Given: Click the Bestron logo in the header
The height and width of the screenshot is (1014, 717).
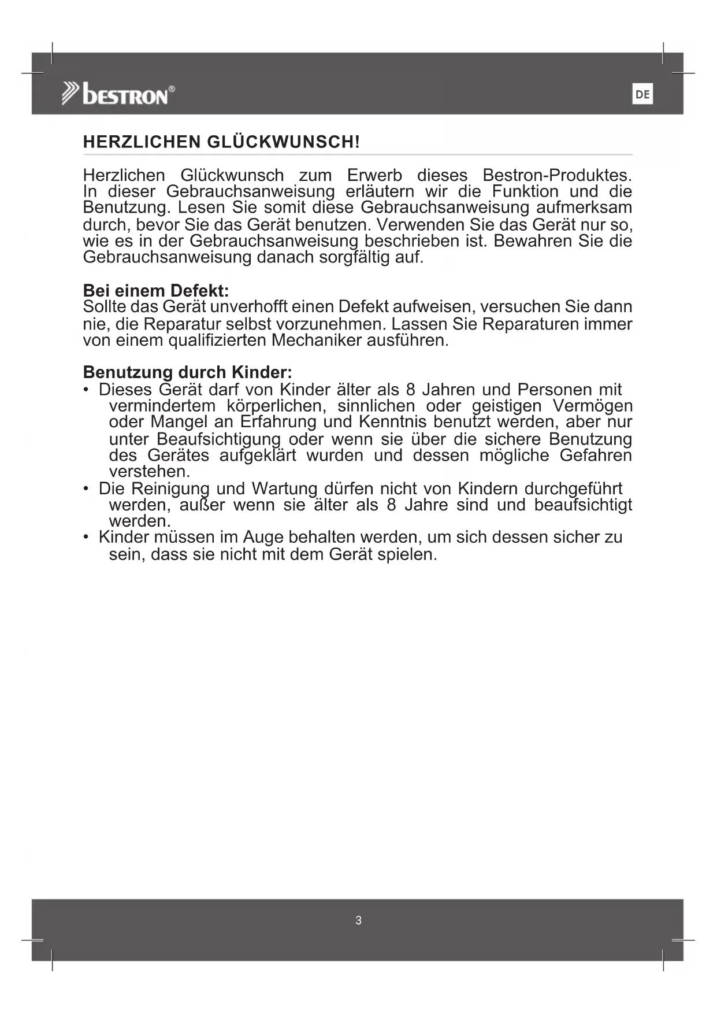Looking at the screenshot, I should [119, 94].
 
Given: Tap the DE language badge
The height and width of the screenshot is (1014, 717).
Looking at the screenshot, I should [642, 94].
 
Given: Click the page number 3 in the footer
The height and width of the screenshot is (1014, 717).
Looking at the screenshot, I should [358, 920].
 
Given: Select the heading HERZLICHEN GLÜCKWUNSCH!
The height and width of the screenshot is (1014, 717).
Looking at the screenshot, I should [221, 142].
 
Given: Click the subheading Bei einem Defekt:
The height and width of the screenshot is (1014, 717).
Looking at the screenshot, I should [156, 290].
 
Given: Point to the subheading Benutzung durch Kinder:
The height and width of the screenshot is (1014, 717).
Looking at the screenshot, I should [187, 372].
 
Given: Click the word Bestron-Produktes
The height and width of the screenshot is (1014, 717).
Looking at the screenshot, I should [557, 175].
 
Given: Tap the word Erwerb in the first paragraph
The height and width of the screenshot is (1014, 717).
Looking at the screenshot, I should [374, 175].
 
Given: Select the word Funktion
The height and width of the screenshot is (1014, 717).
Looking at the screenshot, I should [525, 191].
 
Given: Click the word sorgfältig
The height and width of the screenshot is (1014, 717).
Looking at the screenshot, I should [355, 257].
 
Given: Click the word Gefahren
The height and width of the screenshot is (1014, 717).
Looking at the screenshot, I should [596, 456].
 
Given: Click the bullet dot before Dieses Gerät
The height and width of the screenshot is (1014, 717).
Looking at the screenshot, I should [86, 390].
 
